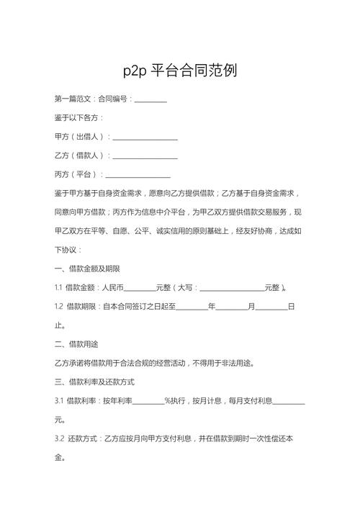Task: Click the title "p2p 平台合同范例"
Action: tap(180, 71)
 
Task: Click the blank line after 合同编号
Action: tap(150, 99)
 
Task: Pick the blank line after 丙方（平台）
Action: tap(138, 174)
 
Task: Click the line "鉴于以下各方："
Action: tap(79, 117)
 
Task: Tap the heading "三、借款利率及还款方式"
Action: tap(94, 382)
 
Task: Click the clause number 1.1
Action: tap(58, 288)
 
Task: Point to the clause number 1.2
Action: tap(59, 307)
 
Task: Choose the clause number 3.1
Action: tap(59, 400)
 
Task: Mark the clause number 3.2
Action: tap(59, 438)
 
